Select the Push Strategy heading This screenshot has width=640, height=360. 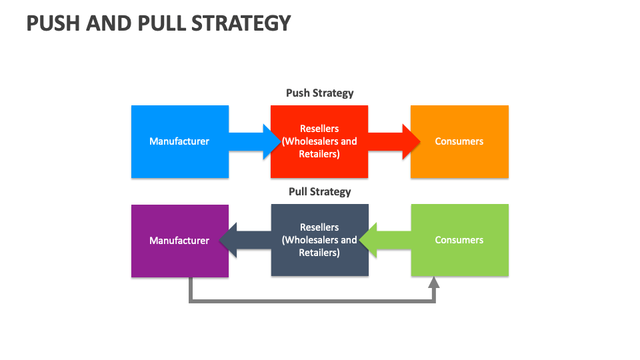click(x=319, y=93)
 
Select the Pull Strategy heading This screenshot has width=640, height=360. click(x=319, y=192)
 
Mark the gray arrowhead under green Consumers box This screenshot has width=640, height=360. click(x=434, y=282)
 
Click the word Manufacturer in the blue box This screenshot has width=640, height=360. click(x=179, y=141)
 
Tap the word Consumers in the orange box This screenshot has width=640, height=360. click(x=459, y=141)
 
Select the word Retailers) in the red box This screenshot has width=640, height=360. click(x=319, y=154)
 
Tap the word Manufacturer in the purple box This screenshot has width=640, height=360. click(x=179, y=241)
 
